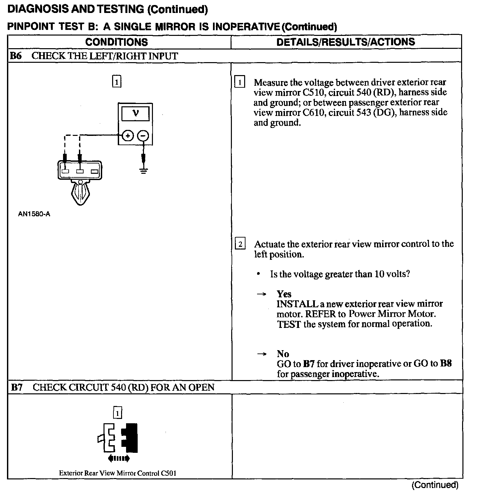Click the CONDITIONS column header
116,42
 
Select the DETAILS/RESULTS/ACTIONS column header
345,42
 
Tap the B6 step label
16,56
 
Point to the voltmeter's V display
135,114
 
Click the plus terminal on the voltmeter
128,136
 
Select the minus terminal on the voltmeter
143,136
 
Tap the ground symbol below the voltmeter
143,171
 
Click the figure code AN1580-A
34,214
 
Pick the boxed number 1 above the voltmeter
116,82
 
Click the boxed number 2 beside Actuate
240,245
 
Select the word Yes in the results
284,294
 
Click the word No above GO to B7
283,354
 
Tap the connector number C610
313,113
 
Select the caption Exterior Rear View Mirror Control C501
117,473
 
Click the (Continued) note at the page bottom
435,485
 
